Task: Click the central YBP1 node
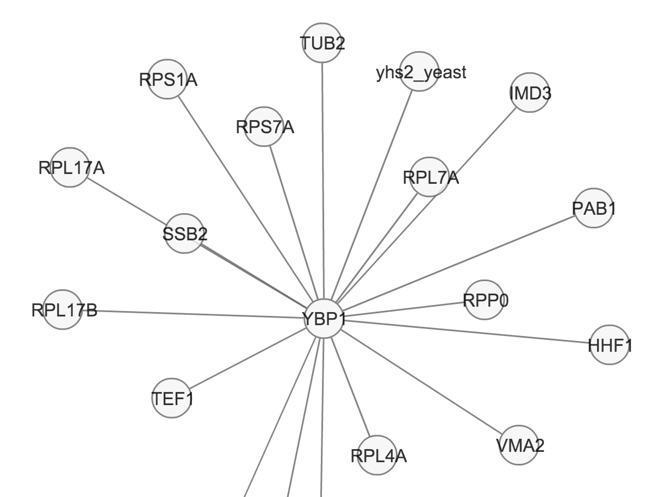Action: [x=325, y=319]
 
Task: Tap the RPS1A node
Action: [x=167, y=80]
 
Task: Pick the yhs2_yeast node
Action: [x=419, y=72]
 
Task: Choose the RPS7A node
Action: [x=264, y=127]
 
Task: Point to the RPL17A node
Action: [x=69, y=167]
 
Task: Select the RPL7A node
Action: [x=430, y=177]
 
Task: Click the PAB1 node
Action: [x=593, y=208]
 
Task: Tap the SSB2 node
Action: [x=184, y=234]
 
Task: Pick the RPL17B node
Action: [x=63, y=310]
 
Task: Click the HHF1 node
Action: [x=609, y=344]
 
